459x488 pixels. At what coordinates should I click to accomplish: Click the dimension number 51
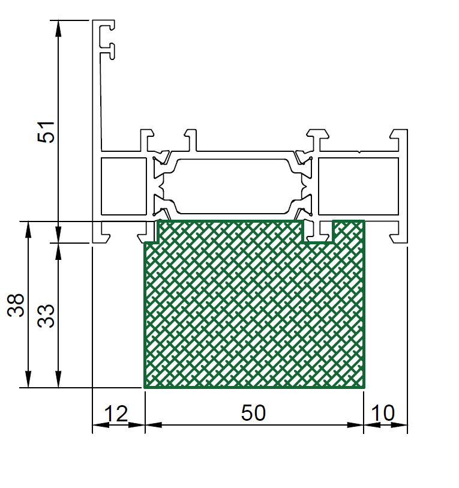click(46, 132)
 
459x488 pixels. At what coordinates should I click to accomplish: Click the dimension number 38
click(16, 306)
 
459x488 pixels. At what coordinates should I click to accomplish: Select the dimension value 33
click(46, 316)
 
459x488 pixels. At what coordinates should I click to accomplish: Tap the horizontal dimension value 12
click(116, 414)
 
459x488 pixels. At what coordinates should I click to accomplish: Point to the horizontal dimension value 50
click(253, 413)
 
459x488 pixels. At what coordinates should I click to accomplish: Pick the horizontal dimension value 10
click(383, 413)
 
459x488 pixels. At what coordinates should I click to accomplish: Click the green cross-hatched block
click(254, 311)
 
